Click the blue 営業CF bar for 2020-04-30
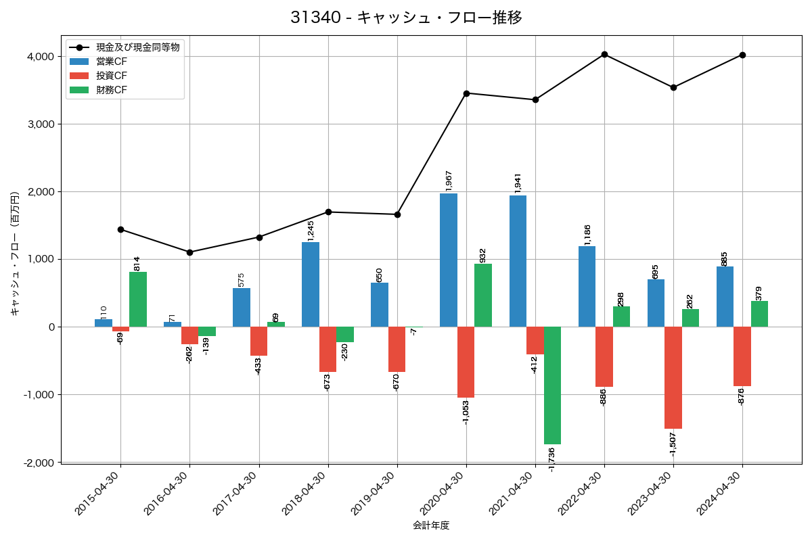449,260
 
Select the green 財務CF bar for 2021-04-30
552,385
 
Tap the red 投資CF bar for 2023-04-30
673,377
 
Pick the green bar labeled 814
138,300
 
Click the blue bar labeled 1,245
311,285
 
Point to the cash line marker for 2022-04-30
604,55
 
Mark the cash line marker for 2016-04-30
189,252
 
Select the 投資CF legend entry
112,76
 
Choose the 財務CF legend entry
112,90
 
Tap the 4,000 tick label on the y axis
41,57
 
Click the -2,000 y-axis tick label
39,463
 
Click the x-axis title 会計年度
431,525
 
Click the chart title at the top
406,18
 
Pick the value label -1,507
673,444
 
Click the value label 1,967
449,180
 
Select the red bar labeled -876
742,356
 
